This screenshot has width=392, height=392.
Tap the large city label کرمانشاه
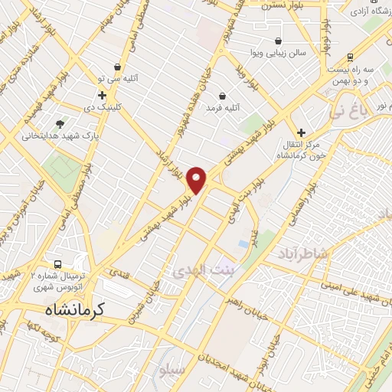coord(70,309)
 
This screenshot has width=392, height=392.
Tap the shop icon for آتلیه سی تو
coord(117,67)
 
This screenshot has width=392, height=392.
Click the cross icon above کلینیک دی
coord(102,96)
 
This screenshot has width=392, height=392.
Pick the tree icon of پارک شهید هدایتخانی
coord(60,123)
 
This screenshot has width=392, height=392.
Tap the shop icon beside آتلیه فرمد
coord(222,96)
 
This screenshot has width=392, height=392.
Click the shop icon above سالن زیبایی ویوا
coord(277,41)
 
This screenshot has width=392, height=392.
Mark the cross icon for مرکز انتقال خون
coord(301,132)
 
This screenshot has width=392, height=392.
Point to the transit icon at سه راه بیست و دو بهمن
coord(350,57)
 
